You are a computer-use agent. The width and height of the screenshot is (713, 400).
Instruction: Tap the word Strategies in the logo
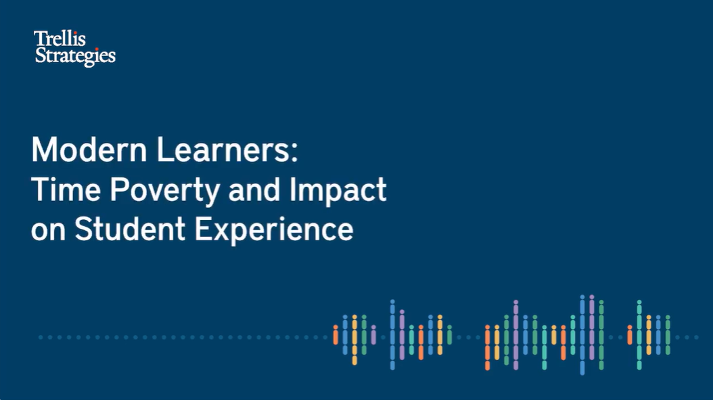[x=74, y=56]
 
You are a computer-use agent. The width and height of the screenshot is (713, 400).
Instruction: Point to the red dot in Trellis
[x=75, y=32]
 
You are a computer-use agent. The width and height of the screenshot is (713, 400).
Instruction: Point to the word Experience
[x=274, y=230]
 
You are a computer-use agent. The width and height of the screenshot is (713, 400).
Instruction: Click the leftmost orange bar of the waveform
[x=335, y=335]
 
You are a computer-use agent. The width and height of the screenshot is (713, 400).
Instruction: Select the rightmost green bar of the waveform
[x=668, y=335]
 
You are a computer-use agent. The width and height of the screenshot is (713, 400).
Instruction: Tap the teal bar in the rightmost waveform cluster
[x=639, y=335]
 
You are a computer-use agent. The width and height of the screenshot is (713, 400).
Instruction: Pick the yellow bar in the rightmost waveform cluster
[x=648, y=335]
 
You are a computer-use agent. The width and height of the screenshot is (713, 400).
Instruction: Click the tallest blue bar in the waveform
[x=582, y=335]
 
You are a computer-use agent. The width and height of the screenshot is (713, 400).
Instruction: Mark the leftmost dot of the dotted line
[x=41, y=337]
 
